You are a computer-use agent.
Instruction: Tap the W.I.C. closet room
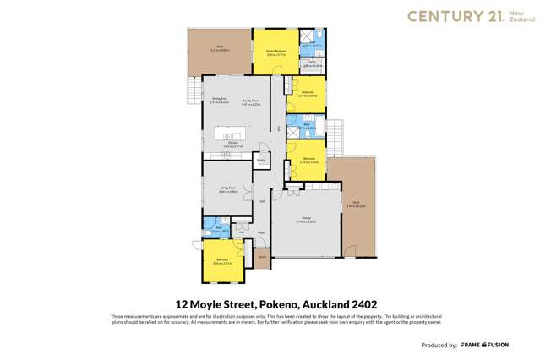click(311, 64)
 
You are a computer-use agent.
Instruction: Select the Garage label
click(305, 219)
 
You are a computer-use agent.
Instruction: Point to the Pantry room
click(261, 159)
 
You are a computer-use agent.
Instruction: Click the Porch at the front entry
click(262, 256)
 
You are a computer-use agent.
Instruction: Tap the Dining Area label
click(219, 101)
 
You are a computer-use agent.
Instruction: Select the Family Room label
click(250, 101)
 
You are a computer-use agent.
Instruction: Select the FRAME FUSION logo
click(512, 346)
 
